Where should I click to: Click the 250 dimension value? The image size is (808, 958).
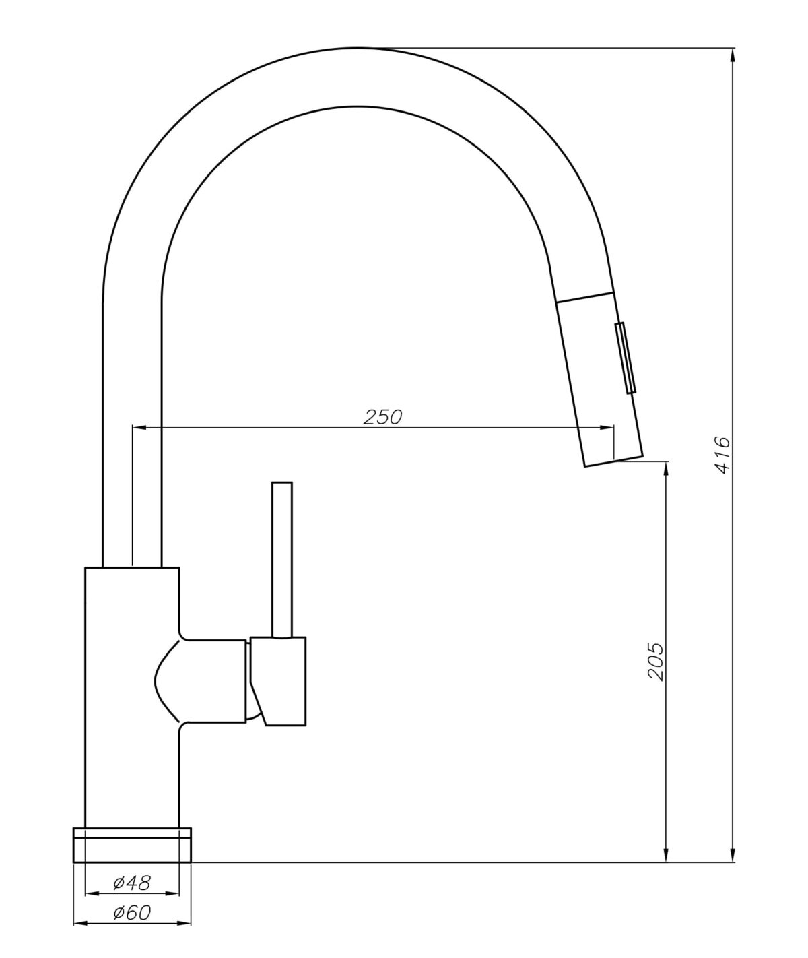(382, 417)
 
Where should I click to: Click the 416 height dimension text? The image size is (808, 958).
(721, 455)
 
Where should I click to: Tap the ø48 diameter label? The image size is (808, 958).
(132, 881)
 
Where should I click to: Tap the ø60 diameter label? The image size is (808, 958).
(132, 913)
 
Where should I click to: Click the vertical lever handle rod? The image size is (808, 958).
(281, 559)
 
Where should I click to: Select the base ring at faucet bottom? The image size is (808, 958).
(131, 844)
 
